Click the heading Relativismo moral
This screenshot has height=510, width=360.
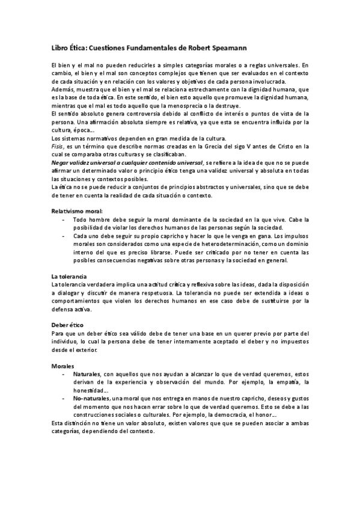click(x=77, y=211)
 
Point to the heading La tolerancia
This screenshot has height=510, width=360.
click(x=69, y=275)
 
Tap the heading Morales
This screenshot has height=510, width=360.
click(x=63, y=365)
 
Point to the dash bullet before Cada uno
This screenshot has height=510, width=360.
click(x=64, y=236)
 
